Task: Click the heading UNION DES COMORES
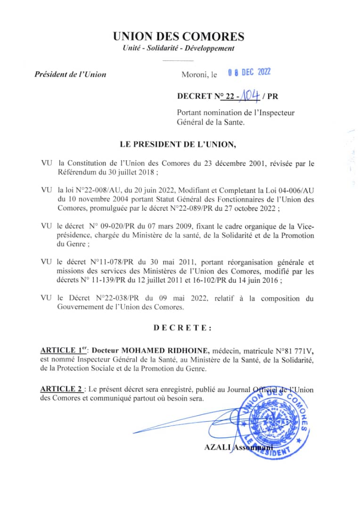179,36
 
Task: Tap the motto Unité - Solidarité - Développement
178,49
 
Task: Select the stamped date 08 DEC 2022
249,73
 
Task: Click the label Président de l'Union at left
70,74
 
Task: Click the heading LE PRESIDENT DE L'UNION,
179,145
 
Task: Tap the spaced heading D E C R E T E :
182,328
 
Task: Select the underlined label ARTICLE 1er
64,350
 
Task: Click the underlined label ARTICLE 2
61,389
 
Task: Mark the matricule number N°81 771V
288,351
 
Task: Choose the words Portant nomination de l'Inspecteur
236,113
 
